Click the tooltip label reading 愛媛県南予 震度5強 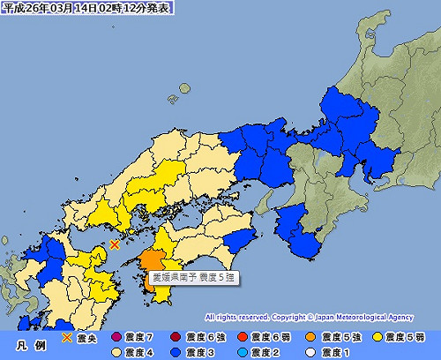192,277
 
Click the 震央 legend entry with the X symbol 80,336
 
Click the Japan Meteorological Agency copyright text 321,315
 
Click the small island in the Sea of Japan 184,87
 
